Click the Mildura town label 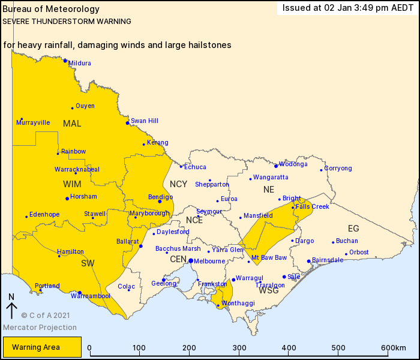[x=80, y=63]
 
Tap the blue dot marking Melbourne [x=190, y=261]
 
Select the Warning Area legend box [x=42, y=347]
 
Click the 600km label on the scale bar [x=394, y=348]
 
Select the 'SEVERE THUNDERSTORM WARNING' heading [x=67, y=21]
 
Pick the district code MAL [x=72, y=124]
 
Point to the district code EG [x=353, y=228]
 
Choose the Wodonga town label [x=293, y=164]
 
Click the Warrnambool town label [x=91, y=296]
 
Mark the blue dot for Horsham [x=67, y=199]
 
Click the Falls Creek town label [x=313, y=206]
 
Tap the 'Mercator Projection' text [x=40, y=328]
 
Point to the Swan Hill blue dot [x=127, y=123]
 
